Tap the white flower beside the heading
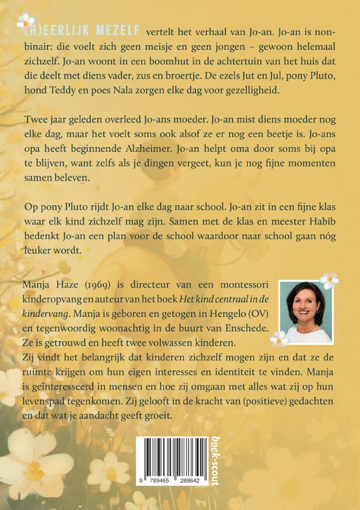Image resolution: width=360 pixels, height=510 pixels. pyautogui.click(x=24, y=22)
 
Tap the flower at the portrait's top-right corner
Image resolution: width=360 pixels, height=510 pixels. pyautogui.click(x=330, y=280)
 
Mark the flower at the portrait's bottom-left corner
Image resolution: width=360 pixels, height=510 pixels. pyautogui.click(x=279, y=338)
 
